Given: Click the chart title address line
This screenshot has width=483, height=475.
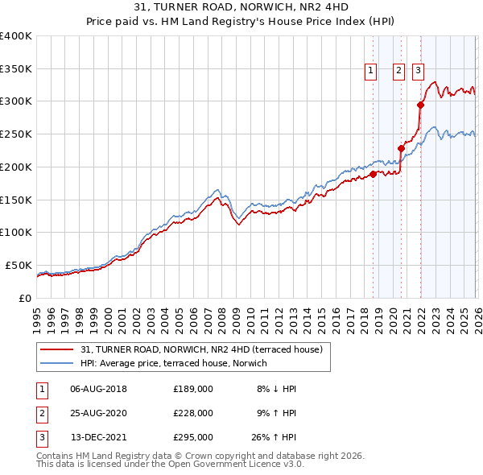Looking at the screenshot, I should click(241, 6).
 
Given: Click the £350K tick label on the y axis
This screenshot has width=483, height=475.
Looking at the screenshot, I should click(16, 68).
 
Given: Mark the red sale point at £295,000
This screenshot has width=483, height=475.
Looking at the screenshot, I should click(420, 104).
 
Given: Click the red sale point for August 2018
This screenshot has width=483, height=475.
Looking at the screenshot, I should click(373, 174).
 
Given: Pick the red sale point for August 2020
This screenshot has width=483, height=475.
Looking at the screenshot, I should click(402, 148).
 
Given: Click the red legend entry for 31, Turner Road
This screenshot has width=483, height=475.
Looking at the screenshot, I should click(201, 349).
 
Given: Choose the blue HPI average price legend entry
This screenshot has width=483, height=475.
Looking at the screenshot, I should click(178, 363).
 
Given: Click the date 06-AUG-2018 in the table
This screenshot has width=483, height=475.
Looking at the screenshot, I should click(99, 388).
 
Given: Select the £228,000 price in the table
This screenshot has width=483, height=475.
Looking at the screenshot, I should click(193, 413).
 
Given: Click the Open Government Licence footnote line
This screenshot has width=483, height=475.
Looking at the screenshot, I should click(171, 465).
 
